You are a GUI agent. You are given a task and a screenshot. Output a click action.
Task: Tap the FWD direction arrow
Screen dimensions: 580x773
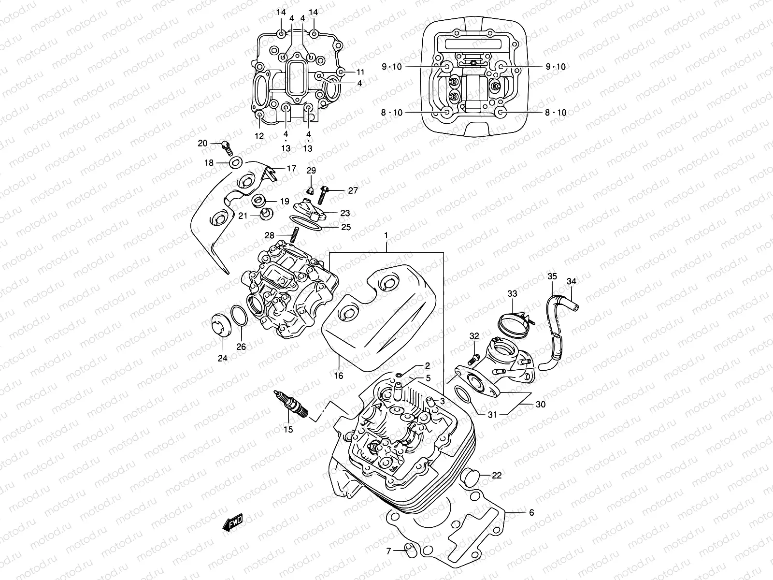point(232,523)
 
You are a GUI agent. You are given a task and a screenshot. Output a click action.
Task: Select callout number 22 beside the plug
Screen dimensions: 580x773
point(497,476)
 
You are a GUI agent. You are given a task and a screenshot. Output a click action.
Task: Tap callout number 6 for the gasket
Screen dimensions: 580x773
point(531,512)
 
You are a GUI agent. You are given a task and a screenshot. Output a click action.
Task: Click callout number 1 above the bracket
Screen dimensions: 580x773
point(386,235)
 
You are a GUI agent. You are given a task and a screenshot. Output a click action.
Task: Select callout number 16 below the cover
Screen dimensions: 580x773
point(338,375)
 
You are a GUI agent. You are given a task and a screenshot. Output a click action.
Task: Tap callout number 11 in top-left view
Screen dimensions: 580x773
point(360,72)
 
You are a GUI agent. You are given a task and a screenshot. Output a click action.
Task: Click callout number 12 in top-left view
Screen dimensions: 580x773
point(259,136)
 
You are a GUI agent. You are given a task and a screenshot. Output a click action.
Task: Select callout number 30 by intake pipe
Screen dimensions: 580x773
point(540,404)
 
